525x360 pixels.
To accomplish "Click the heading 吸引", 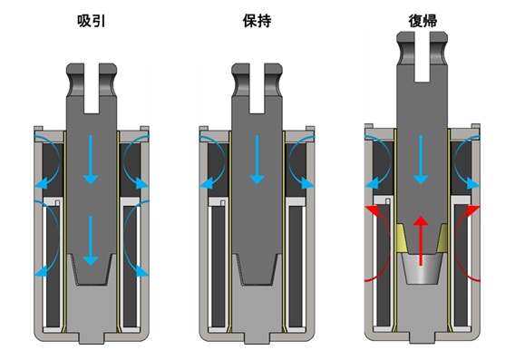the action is [91, 21].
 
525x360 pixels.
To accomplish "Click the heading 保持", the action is [257, 21].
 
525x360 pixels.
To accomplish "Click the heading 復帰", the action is [423, 21].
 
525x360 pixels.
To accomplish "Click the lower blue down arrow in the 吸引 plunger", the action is [91, 241].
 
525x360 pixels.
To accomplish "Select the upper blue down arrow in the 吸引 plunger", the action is [91, 160].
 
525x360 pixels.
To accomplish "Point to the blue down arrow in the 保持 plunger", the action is [258, 160].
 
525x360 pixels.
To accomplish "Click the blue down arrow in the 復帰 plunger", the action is [421, 160].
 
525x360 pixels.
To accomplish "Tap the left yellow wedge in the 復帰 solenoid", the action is [402, 238].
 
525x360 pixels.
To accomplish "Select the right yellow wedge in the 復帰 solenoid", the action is [442, 238].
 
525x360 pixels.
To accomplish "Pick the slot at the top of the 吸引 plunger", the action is [92, 88].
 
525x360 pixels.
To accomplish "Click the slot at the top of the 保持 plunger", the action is [257, 88].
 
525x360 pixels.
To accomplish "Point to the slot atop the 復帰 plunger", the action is [423, 57].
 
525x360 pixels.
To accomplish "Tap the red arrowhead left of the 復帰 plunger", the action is [373, 210].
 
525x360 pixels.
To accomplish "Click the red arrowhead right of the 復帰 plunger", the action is [472, 210].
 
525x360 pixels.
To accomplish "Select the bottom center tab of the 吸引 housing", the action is [92, 337].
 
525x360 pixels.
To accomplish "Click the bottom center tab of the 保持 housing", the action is [257, 337].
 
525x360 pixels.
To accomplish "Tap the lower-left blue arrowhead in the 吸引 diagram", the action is [41, 270].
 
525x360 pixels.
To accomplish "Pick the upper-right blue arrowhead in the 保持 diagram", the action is [307, 183].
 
